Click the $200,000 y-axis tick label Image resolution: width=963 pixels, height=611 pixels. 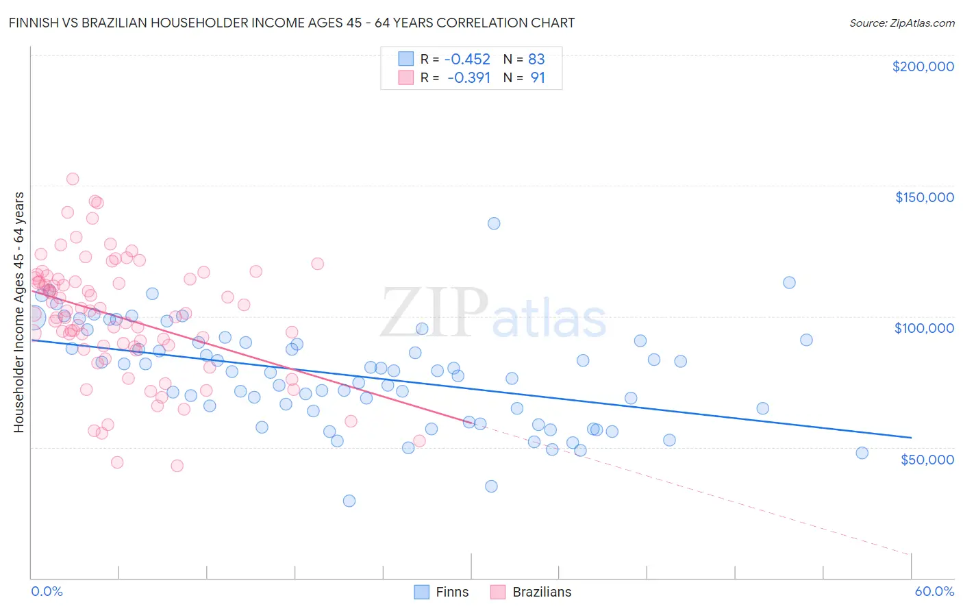pos(923,66)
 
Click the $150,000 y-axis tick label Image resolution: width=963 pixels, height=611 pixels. pos(924,197)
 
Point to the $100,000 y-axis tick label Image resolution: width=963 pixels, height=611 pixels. pos(924,328)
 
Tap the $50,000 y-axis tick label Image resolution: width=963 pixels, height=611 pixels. pos(927,459)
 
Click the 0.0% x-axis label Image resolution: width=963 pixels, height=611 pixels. pos(47,591)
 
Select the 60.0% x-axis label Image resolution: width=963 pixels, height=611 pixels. pos(934,591)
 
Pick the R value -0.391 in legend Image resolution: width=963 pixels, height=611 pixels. pos(468,77)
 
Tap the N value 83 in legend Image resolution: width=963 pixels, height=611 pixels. pos(536,59)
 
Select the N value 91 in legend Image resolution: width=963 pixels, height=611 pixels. pos(538,77)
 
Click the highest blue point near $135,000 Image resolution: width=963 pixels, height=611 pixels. pos(494,223)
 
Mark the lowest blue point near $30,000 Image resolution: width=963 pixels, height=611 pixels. pos(349,501)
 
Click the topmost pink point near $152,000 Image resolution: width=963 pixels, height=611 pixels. pos(73,179)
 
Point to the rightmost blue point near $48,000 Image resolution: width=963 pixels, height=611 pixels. pos(862,453)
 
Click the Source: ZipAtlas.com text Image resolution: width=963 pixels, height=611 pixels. pos(901,23)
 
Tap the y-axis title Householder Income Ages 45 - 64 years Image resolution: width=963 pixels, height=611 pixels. pos(19,312)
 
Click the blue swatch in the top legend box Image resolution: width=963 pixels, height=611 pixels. pos(406,59)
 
